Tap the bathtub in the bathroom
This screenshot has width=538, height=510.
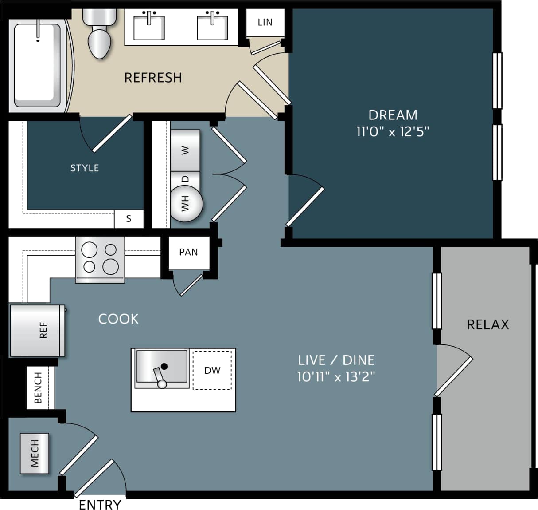pos(37,65)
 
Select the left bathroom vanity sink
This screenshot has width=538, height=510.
pos(149,28)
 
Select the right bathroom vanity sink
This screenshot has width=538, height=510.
pos(212,28)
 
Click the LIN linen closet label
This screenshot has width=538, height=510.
pos(265,22)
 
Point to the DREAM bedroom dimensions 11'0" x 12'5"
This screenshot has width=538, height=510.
pos(393,132)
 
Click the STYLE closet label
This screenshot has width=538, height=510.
pos(85,168)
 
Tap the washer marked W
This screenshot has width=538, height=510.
pos(185,150)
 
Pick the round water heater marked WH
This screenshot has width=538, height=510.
pos(186,204)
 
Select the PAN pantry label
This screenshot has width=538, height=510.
pos(188,252)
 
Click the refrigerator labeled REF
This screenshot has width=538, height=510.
pos(38,330)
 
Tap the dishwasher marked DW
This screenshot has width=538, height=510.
pos(212,370)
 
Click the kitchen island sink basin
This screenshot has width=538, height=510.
pos(162,367)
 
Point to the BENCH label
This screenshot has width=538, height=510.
pos(39,387)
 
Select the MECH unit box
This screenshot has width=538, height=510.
pos(35,453)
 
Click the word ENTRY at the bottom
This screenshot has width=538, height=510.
pos(100,505)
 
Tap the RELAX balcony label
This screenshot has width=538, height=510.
pos(487,324)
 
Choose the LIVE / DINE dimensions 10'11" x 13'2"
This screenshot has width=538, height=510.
pos(336,377)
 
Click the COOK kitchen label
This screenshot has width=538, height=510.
pos(118,319)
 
